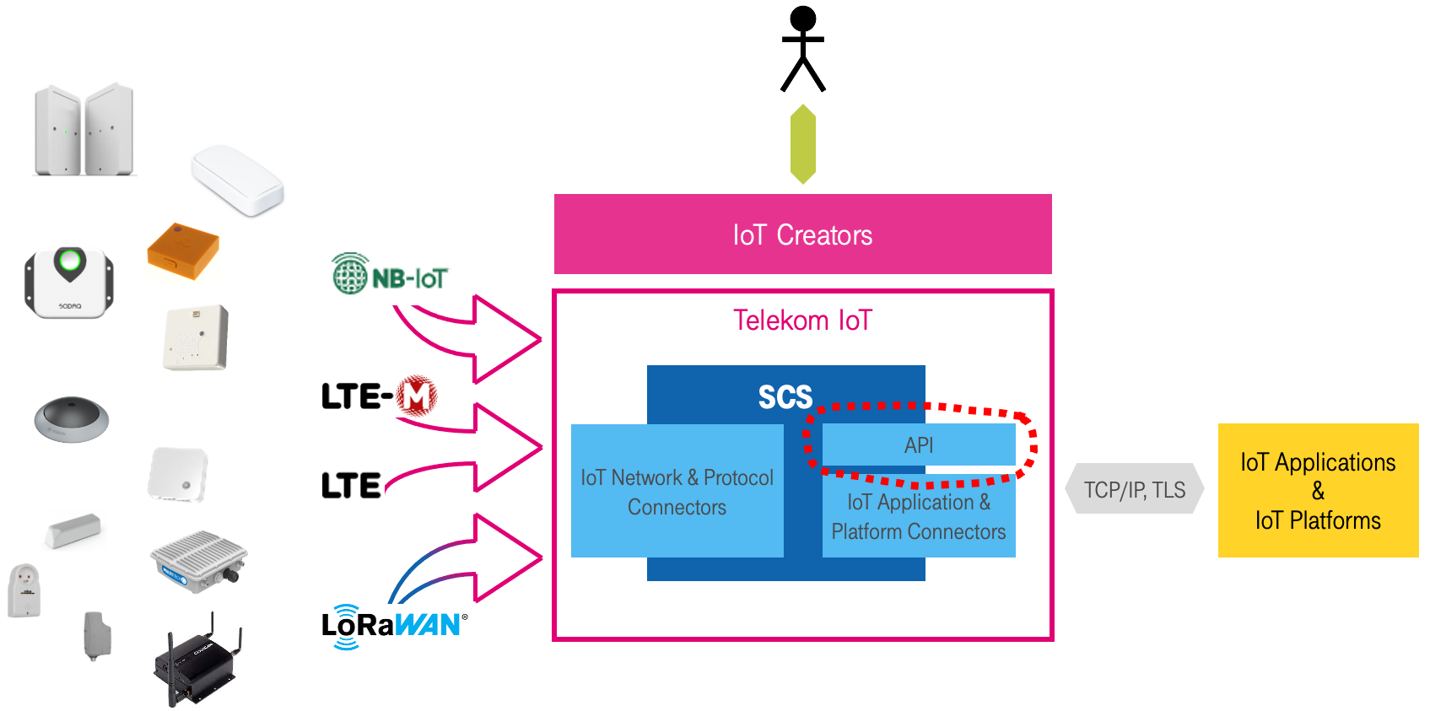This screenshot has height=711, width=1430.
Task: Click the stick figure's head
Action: [x=802, y=19]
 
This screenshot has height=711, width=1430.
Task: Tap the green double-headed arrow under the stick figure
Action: [x=802, y=144]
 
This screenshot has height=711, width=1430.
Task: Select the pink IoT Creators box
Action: [x=802, y=234]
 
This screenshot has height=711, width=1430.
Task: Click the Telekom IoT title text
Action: [x=802, y=320]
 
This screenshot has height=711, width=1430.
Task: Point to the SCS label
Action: [x=785, y=396]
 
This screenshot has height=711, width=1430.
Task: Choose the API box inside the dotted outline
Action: [x=919, y=444]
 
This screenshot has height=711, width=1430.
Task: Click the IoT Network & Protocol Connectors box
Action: [x=677, y=492]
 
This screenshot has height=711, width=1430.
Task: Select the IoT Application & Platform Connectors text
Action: [x=919, y=517]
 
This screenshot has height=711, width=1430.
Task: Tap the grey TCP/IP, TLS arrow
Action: [x=1135, y=489]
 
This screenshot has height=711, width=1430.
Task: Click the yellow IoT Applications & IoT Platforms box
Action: [x=1318, y=491]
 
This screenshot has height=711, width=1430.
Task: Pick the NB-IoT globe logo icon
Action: [x=350, y=274]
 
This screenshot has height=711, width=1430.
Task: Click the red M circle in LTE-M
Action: [x=417, y=396]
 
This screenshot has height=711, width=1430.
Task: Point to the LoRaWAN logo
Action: [x=392, y=626]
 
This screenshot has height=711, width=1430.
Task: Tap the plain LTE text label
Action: [x=351, y=486]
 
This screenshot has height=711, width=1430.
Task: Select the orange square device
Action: [x=183, y=250]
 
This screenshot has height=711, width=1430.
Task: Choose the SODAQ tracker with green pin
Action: [x=69, y=283]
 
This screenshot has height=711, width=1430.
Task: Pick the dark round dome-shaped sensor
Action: [x=72, y=419]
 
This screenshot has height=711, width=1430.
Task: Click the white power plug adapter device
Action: [x=24, y=590]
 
